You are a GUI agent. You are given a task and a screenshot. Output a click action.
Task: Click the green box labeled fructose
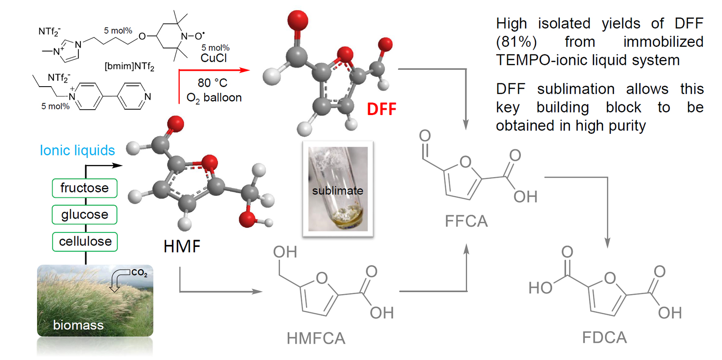(85, 188)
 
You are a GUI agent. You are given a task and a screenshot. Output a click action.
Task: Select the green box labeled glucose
(85, 214)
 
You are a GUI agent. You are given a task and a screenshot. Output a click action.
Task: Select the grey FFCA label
(466, 221)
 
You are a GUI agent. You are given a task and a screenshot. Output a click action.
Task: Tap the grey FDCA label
(605, 337)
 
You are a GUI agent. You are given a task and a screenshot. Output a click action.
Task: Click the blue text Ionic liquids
(77, 151)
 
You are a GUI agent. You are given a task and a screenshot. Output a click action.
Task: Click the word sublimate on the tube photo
(336, 191)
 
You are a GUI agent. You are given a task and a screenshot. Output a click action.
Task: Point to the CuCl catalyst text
(215, 57)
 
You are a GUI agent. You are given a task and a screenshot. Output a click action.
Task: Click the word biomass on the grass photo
(78, 325)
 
